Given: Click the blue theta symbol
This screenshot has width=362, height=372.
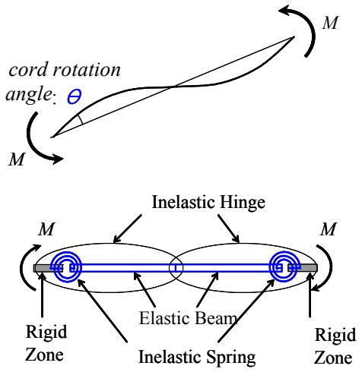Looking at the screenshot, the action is click(x=74, y=96).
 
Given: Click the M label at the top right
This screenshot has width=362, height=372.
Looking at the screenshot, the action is click(x=330, y=23).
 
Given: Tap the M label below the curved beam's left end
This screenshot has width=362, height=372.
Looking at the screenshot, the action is click(x=17, y=159).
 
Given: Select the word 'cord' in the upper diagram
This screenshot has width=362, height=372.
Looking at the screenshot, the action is click(x=28, y=70).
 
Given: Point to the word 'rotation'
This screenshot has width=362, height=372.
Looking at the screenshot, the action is click(x=86, y=69).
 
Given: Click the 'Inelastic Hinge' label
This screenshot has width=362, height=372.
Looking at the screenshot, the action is click(x=208, y=203).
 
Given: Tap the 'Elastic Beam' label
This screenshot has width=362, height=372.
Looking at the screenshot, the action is click(x=188, y=318).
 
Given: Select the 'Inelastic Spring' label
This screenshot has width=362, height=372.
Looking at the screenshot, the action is click(x=197, y=357).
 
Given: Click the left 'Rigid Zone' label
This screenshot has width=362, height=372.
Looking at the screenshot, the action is click(x=46, y=342).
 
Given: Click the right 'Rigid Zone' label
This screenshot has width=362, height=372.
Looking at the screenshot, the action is click(x=335, y=345).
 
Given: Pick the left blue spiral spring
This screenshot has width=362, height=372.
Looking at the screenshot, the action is click(x=66, y=267).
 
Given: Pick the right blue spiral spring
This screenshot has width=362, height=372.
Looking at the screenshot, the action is click(x=284, y=267).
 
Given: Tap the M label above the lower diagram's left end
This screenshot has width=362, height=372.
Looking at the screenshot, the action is click(x=46, y=229).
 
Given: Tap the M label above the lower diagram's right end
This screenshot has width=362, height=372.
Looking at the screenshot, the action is click(x=329, y=229).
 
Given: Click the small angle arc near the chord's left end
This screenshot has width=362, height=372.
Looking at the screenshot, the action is click(x=80, y=120).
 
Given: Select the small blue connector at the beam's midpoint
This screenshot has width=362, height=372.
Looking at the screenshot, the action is click(x=176, y=268).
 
